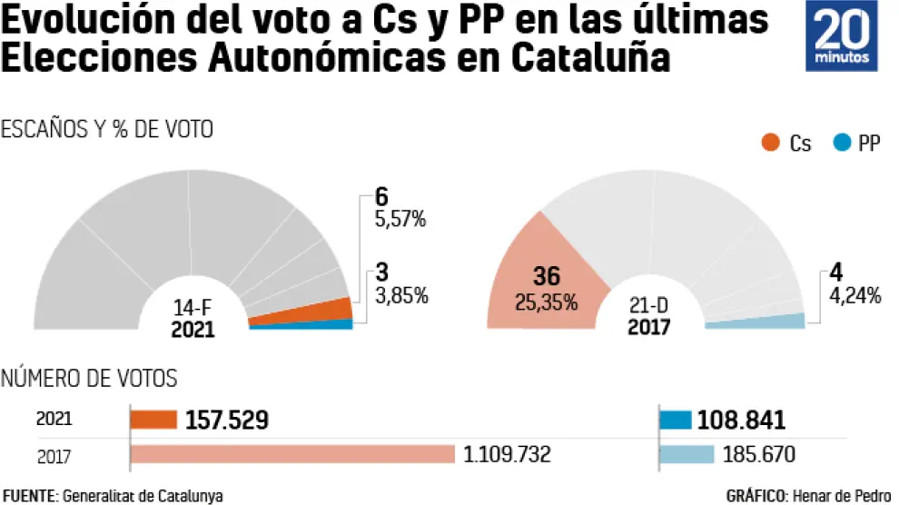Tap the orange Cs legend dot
click(771, 143)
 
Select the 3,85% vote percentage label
click(400, 295)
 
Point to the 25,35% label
click(546, 302)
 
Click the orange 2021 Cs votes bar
click(153, 420)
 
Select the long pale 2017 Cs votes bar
click(292, 453)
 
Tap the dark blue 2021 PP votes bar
click(676, 420)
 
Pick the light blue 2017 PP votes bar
click(686, 453)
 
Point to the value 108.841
click(741, 420)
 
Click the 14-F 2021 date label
click(193, 317)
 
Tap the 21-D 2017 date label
click(648, 317)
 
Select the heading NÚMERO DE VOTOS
click(89, 378)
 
